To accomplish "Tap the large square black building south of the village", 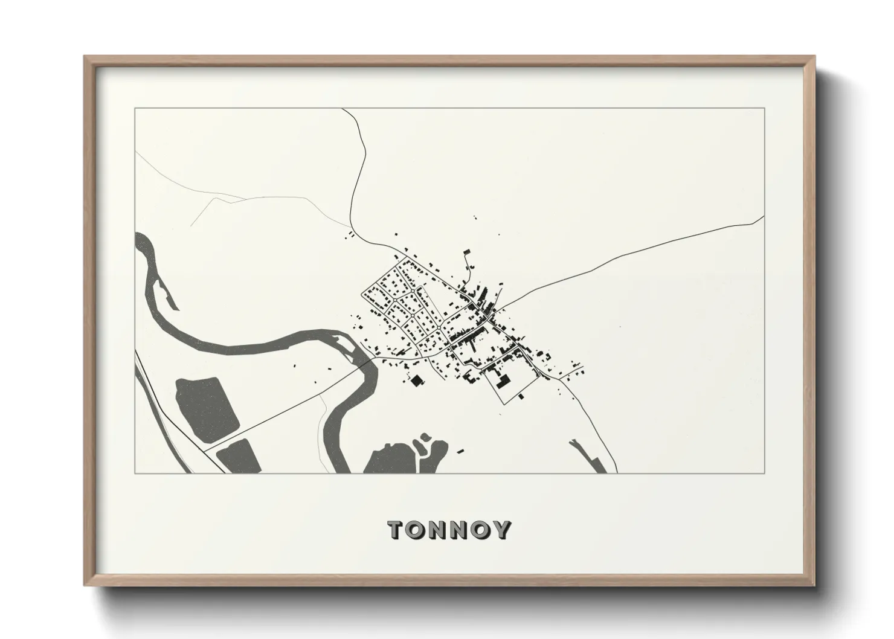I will pos(416,380).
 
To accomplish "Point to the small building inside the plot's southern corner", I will pos(521,396).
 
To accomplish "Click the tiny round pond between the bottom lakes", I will pos(425,436).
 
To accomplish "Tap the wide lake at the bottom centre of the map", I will pos(390,459).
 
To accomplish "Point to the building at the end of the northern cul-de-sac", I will pos(467,252).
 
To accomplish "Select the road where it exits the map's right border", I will pos(764,216).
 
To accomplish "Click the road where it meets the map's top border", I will pos(342,109).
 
